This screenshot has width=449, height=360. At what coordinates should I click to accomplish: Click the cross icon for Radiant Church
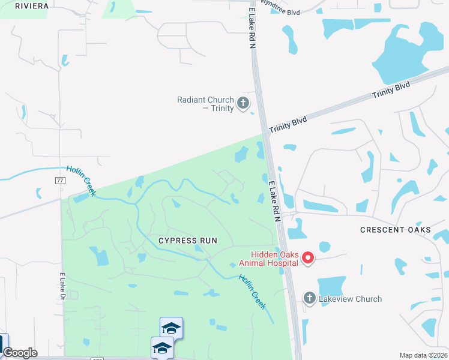[x=243, y=103]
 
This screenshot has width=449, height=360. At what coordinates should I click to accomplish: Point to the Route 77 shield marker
[x=59, y=180]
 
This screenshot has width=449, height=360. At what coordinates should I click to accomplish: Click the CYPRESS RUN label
[x=187, y=241]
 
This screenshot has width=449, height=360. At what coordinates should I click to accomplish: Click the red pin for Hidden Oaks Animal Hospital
[x=308, y=258]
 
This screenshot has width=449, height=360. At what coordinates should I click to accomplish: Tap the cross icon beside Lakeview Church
[x=309, y=298]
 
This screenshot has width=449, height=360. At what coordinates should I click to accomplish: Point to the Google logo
[x=20, y=353]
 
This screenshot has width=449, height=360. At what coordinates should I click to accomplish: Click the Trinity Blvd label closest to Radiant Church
[x=288, y=125]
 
